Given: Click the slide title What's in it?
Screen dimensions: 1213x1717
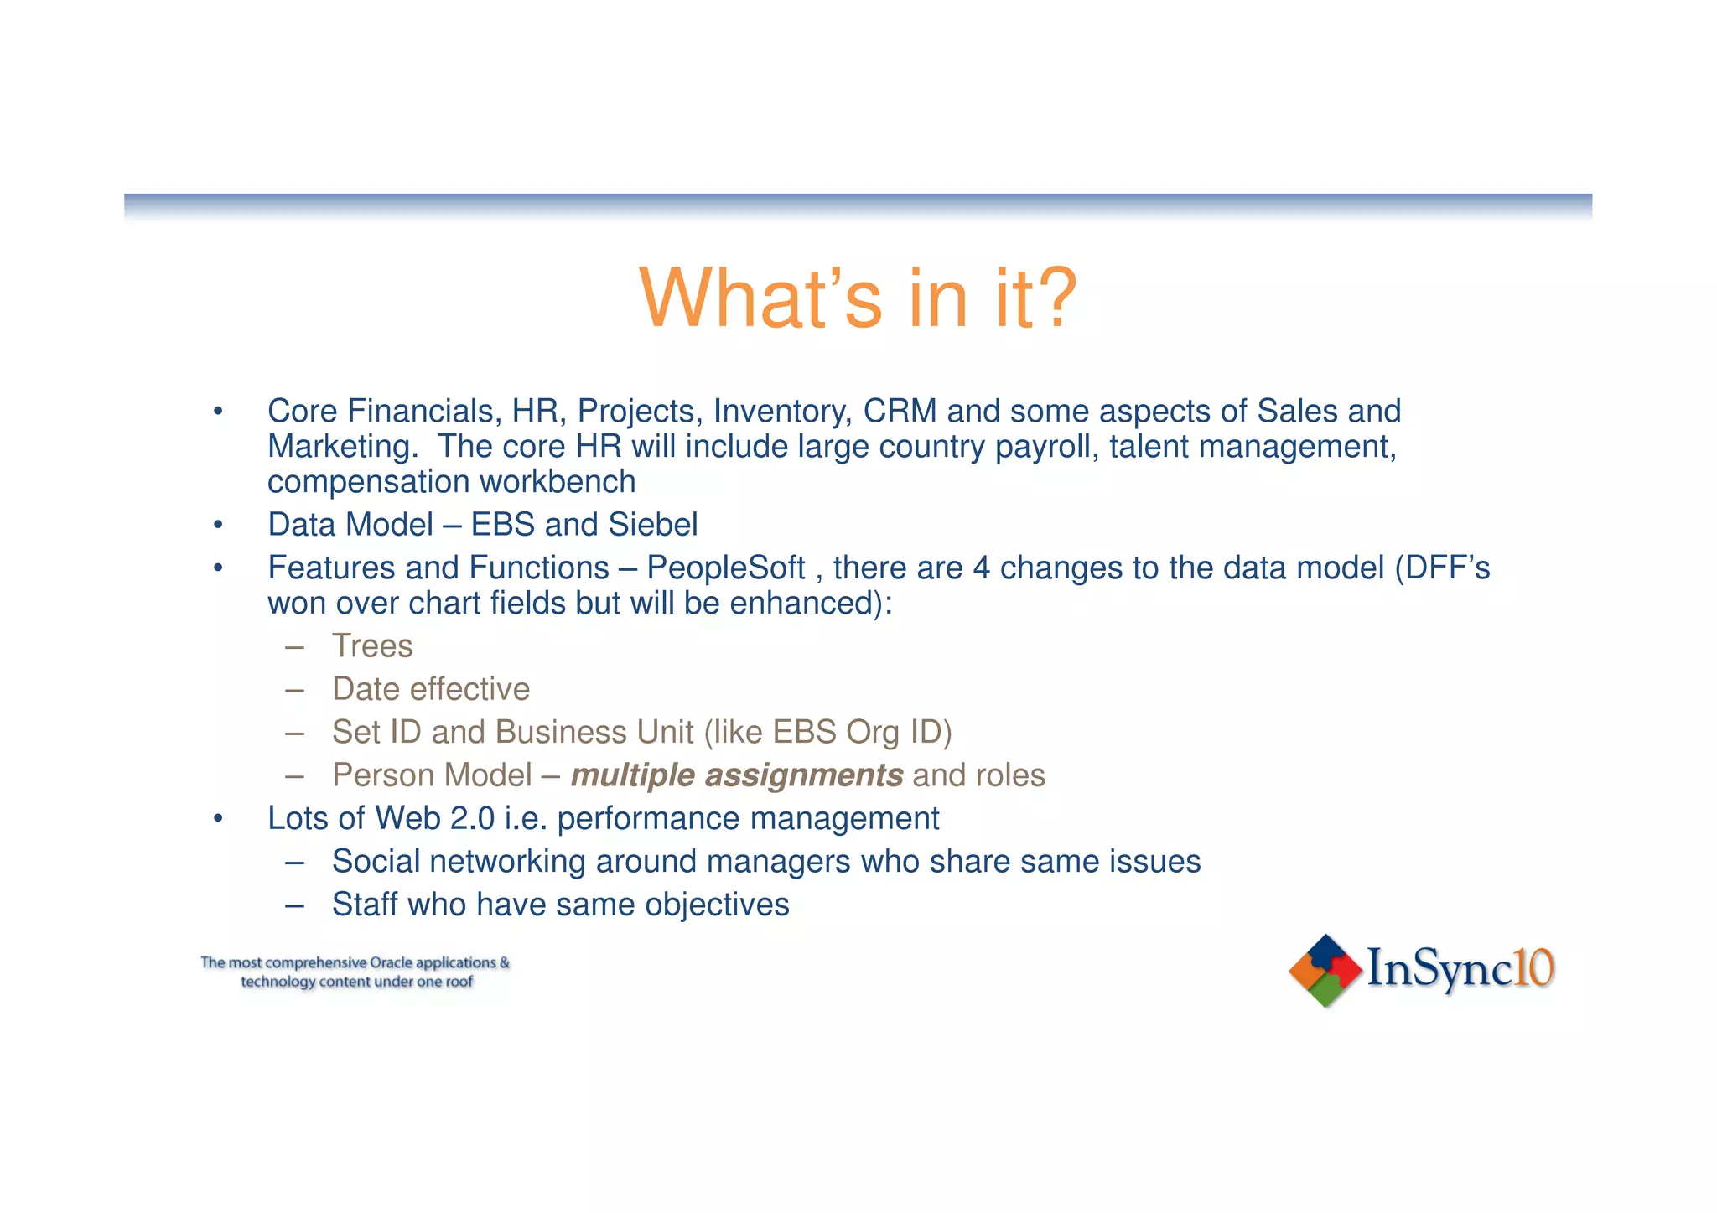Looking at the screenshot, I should pyautogui.click(x=857, y=299).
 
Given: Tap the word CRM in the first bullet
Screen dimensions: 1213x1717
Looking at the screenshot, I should pyautogui.click(x=900, y=412).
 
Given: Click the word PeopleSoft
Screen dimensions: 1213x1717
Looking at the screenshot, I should pyautogui.click(x=725, y=568).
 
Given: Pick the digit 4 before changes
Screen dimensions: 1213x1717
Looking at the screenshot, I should pyautogui.click(x=981, y=568).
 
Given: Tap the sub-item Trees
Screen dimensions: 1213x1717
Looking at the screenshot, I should pyautogui.click(x=372, y=646).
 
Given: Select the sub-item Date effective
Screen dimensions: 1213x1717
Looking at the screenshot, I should pyautogui.click(x=431, y=689).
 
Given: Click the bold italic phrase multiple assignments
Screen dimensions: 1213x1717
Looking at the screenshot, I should pyautogui.click(x=736, y=775).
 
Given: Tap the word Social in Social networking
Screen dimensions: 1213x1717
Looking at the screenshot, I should pyautogui.click(x=376, y=862).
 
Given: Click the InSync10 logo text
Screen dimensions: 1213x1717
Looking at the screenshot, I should pyautogui.click(x=1460, y=969).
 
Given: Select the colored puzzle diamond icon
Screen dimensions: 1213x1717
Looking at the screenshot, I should pyautogui.click(x=1325, y=971).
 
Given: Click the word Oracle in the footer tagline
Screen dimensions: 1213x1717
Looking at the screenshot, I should pyautogui.click(x=392, y=963).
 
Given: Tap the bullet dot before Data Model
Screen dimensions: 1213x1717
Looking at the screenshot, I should pyautogui.click(x=218, y=526).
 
